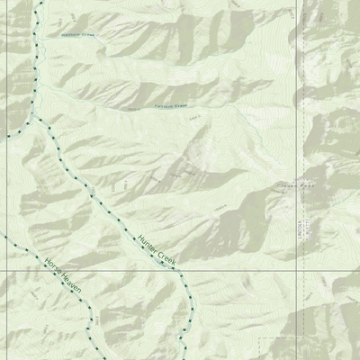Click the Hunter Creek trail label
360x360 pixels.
click(157, 250)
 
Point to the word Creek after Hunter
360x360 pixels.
click(166, 259)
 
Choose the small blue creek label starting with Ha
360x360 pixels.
click(76, 36)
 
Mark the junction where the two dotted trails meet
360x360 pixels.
click(40, 120)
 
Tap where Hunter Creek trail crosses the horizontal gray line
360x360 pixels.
click(179, 269)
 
